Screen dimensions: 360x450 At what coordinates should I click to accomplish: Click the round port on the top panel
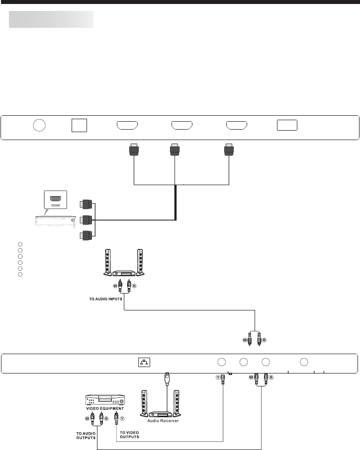pyautogui.click(x=39, y=126)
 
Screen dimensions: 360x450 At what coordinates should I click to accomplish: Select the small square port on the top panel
pyautogui.click(x=79, y=125)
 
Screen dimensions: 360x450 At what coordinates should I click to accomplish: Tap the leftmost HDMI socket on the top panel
pyautogui.click(x=127, y=125)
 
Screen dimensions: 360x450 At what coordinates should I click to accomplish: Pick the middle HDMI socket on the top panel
pyautogui.click(x=181, y=125)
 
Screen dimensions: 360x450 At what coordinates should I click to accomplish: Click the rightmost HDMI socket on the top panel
pyautogui.click(x=236, y=125)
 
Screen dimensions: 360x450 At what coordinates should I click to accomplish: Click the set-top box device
pyautogui.click(x=55, y=220)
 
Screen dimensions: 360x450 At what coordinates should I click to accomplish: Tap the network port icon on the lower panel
pyautogui.click(x=143, y=363)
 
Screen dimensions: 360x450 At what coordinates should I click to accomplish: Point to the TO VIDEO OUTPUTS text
pyautogui.click(x=129, y=435)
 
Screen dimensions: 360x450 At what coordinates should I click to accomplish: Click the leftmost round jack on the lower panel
pyautogui.click(x=222, y=362)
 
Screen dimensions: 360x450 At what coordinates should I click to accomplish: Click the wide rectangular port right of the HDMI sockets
pyautogui.click(x=287, y=125)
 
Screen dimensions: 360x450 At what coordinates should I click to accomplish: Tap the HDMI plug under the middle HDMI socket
pyautogui.click(x=175, y=150)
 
